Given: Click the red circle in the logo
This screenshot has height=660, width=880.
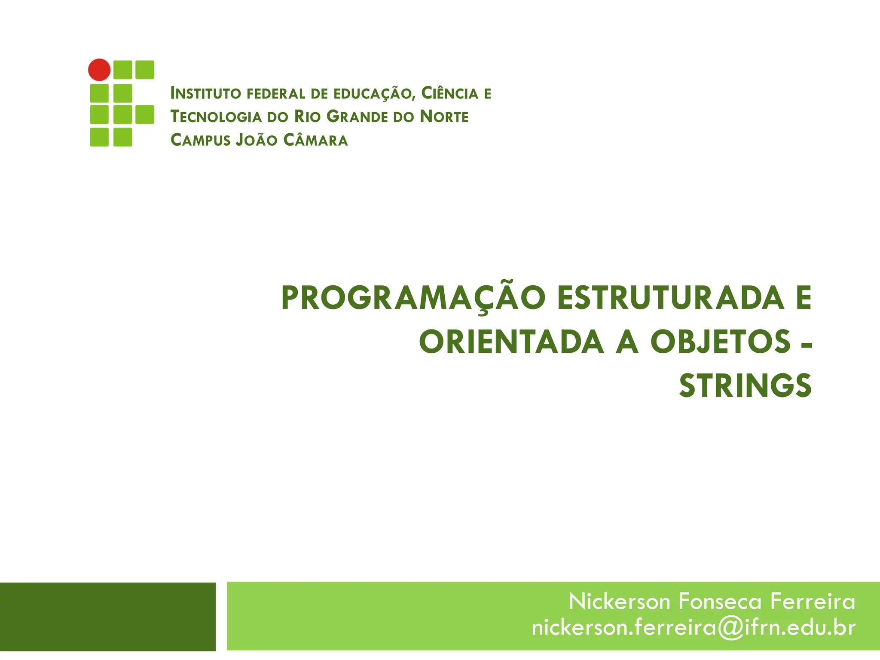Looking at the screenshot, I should (99, 70).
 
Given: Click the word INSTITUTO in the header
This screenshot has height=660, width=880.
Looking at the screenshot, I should (205, 94).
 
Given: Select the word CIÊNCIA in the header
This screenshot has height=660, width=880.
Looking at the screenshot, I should (449, 93).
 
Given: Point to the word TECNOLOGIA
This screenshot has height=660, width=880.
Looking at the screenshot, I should (216, 117).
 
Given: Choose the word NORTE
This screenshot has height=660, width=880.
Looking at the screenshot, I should (444, 117).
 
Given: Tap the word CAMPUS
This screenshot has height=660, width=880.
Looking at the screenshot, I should (200, 141).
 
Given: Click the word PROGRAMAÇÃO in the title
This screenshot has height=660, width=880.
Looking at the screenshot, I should (413, 298).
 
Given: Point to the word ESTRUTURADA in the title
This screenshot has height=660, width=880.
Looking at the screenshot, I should (671, 298).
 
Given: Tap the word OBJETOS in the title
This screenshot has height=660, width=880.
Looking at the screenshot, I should (720, 342).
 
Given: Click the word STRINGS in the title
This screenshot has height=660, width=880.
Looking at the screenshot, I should (745, 385).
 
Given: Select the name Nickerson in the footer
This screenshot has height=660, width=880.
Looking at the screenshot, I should (619, 601).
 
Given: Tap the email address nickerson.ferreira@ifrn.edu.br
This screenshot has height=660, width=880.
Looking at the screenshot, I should (694, 628).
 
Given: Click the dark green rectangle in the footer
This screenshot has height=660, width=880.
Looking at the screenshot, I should (107, 617).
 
